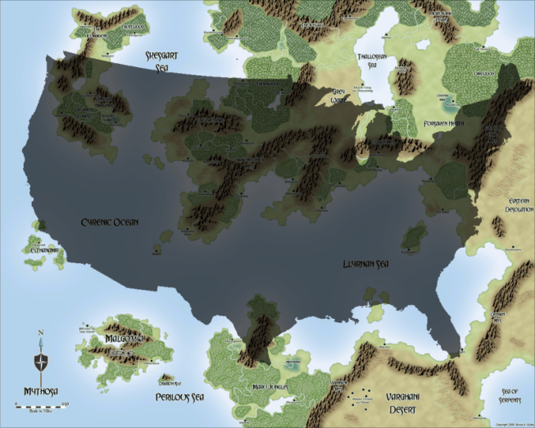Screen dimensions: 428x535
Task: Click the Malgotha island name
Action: [125, 337]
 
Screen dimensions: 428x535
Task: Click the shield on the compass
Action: [40, 363]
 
